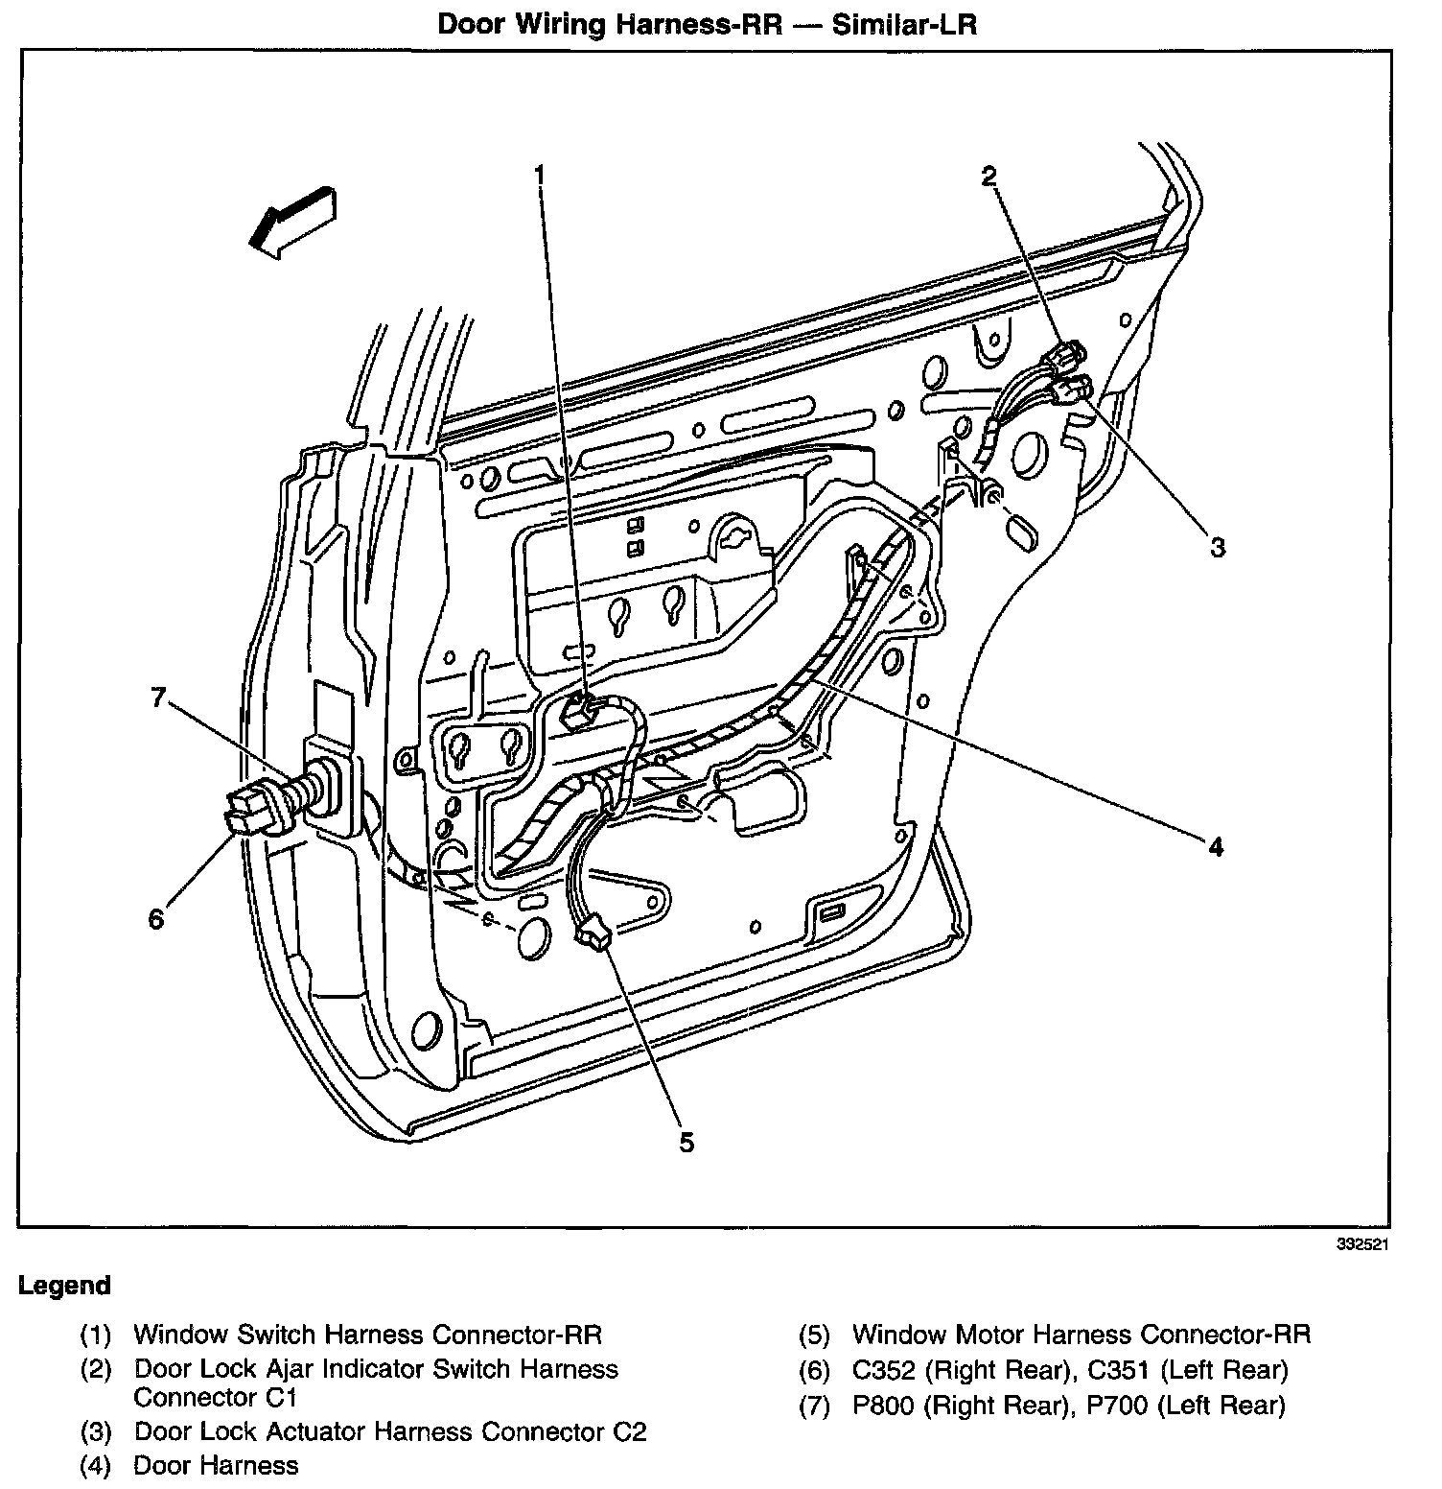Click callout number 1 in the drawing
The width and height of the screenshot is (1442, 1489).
[540, 176]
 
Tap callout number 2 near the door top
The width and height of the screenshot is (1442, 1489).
[988, 176]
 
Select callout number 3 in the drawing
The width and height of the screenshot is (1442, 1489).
[1217, 548]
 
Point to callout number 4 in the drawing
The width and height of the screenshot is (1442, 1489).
[1216, 847]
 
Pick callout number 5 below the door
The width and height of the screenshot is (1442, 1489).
[686, 1143]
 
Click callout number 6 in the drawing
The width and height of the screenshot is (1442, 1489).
[156, 919]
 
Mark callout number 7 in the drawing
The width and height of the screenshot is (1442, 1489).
[159, 697]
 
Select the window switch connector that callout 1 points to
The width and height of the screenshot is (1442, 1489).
[580, 711]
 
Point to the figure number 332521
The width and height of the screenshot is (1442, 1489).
[1363, 1244]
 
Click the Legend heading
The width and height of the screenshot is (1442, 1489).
[65, 1286]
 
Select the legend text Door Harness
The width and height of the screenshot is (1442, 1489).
[216, 1465]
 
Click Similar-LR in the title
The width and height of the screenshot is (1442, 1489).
[904, 25]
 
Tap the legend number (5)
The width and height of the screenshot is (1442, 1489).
[815, 1335]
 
